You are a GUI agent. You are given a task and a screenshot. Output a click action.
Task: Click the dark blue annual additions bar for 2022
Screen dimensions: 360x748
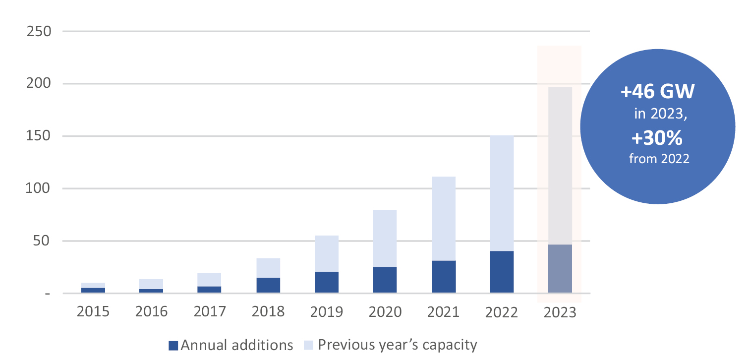pyautogui.click(x=502, y=272)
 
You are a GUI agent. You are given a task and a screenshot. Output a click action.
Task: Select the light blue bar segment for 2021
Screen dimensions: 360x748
pyautogui.click(x=444, y=218)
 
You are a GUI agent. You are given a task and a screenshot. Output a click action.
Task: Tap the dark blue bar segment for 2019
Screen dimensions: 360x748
pyautogui.click(x=327, y=282)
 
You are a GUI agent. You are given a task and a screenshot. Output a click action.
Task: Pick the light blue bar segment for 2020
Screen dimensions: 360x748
pyautogui.click(x=385, y=239)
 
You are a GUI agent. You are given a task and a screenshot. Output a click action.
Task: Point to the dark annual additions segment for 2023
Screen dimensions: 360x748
pyautogui.click(x=560, y=268)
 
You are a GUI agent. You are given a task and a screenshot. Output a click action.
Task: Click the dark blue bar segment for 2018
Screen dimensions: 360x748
pyautogui.click(x=268, y=285)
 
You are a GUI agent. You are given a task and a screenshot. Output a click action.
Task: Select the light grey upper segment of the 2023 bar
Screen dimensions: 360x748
pyautogui.click(x=560, y=166)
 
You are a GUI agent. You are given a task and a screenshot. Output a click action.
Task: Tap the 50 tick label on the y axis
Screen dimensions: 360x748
pyautogui.click(x=43, y=241)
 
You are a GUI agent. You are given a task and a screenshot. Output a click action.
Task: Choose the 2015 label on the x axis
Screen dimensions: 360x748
pyautogui.click(x=93, y=312)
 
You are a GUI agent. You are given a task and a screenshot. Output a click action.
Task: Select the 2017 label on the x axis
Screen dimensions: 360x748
pyautogui.click(x=210, y=312)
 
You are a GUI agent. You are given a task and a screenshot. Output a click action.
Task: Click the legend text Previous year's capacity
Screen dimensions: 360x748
pyautogui.click(x=398, y=345)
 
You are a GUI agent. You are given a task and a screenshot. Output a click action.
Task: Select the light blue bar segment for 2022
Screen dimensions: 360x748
pyautogui.click(x=502, y=193)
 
